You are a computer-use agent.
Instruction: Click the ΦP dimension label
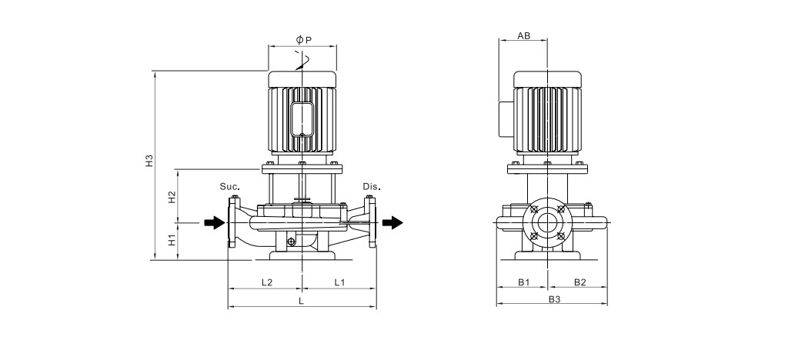coord(304,39)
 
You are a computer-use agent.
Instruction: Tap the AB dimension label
coord(523,35)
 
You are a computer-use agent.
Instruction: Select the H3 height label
coord(149,161)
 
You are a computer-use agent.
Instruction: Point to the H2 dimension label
coord(172,197)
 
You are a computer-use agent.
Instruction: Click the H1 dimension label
coord(172,239)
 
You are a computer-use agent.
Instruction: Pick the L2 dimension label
coord(267,282)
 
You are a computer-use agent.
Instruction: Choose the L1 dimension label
coord(340,282)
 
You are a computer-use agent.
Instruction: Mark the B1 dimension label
coord(523,282)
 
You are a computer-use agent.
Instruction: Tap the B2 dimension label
coord(580,282)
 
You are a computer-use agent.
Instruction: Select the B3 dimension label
coord(554,299)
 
